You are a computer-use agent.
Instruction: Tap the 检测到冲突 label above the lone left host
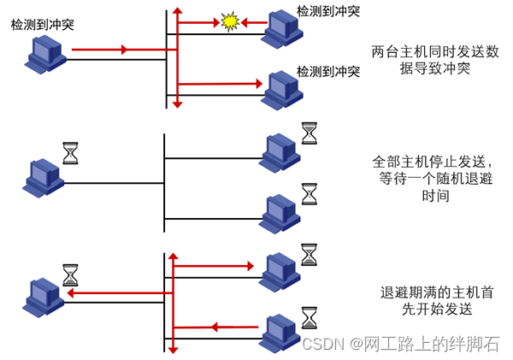click(42, 25)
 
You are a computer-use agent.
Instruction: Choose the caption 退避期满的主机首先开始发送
click(427, 300)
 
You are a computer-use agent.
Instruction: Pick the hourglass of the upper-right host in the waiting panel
click(309, 133)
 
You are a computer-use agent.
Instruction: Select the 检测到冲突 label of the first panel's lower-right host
click(327, 69)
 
